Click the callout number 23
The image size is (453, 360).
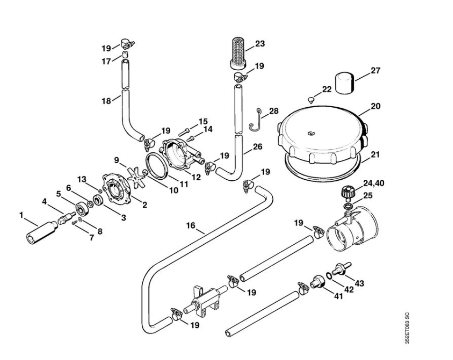259,44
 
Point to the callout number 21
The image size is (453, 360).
375,155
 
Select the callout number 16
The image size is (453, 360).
191,226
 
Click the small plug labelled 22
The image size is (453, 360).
311,100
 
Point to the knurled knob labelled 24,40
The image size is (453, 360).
347,192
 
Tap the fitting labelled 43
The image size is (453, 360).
341,268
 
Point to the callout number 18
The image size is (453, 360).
106,101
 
